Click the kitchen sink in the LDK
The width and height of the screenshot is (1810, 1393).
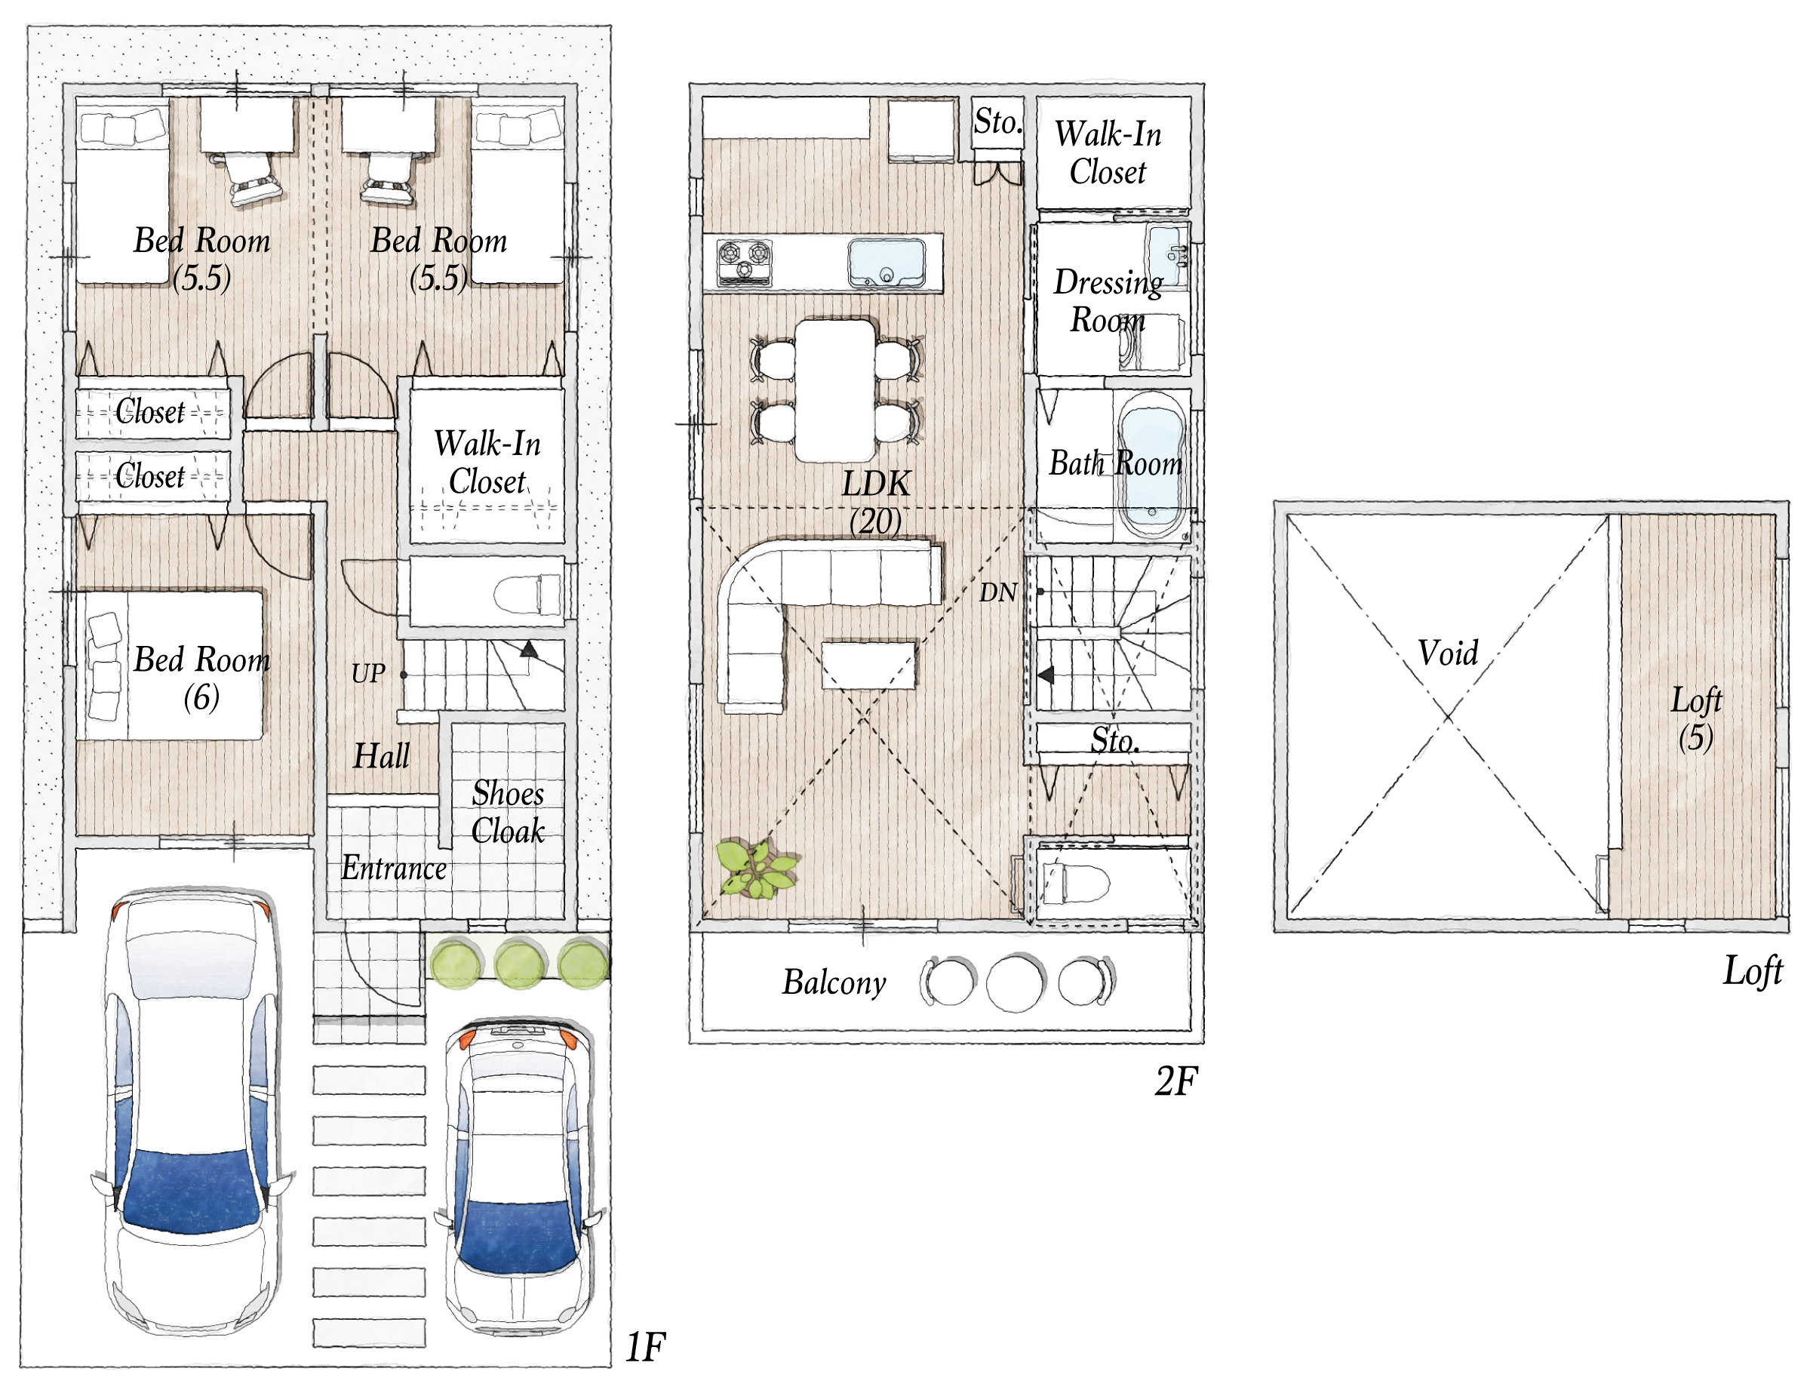coord(886,263)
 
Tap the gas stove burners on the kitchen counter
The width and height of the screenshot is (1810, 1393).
coord(744,261)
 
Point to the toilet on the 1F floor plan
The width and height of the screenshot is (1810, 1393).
coord(528,594)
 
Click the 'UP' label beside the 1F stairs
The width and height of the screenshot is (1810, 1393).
coord(368,674)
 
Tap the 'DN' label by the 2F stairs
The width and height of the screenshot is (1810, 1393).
coord(998,592)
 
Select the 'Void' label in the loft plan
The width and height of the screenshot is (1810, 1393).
coord(1448,653)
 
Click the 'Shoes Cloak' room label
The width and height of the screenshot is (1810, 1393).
coord(508,812)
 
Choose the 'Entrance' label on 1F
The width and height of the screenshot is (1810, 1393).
coord(394,869)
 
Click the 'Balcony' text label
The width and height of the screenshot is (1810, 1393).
coord(834,982)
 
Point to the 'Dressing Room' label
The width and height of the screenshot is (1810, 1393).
coord(1108,301)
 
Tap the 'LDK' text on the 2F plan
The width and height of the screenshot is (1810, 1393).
coord(876,484)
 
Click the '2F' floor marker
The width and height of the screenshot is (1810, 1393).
coord(1176,1081)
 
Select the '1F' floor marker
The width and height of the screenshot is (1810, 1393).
coord(645,1348)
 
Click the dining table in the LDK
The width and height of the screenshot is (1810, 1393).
coord(835,390)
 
